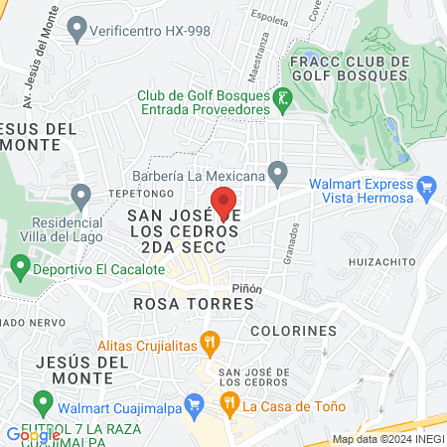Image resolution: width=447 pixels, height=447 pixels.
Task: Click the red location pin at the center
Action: click(x=224, y=202)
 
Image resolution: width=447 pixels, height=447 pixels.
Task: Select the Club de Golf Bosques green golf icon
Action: click(x=284, y=98)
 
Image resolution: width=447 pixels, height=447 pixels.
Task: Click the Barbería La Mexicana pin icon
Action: click(x=278, y=175)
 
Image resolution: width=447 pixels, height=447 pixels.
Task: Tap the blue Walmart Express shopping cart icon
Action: click(x=427, y=186)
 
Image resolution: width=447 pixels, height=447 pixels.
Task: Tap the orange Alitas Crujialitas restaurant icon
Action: click(x=210, y=345)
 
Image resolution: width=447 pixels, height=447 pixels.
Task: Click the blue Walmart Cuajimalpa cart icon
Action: click(x=195, y=404)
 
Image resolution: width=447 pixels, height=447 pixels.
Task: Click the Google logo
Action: click(x=33, y=435)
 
